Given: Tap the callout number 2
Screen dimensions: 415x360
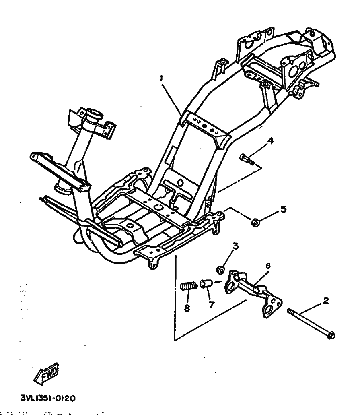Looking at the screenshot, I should (326, 300).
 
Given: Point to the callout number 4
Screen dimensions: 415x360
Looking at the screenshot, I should (271, 141).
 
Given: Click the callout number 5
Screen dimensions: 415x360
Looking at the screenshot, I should (284, 209).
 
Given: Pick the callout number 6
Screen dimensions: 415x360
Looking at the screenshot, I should (268, 266).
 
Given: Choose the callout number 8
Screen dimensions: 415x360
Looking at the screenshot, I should (187, 308).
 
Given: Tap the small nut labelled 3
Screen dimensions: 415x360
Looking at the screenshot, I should (221, 268).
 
